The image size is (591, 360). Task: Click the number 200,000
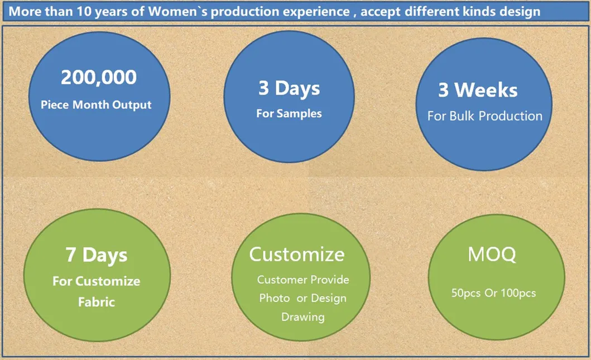[98, 77]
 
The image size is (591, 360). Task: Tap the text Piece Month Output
[96, 105]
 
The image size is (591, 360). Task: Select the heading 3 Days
[289, 88]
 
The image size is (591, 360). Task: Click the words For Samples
[289, 114]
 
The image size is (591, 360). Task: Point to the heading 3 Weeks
[478, 90]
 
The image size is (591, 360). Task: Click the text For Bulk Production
[484, 116]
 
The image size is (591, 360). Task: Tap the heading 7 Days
[97, 255]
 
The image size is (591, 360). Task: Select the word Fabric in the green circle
[97, 302]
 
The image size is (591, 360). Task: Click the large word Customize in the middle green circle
[296, 255]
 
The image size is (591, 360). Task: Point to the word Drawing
[302, 317]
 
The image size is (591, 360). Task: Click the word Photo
[274, 299]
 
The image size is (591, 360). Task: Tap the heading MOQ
[492, 255]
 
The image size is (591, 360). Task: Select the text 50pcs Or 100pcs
[493, 293]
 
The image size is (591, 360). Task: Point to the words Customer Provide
[303, 280]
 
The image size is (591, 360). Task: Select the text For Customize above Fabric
[97, 281]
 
